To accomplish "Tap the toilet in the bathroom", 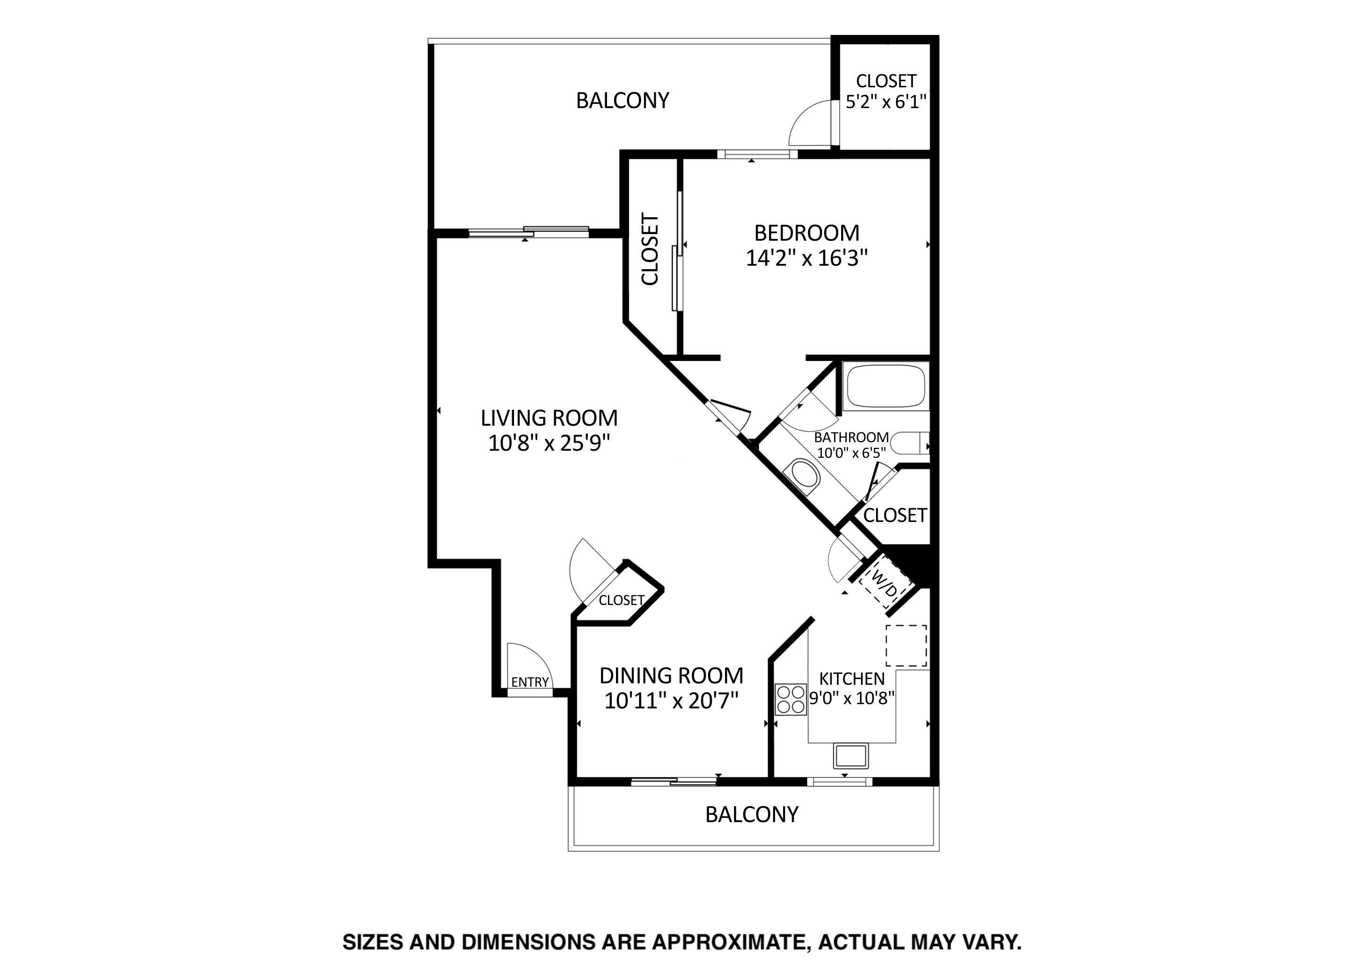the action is [x=911, y=444].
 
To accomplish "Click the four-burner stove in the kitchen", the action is [x=791, y=699].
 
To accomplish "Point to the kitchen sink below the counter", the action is [x=851, y=756].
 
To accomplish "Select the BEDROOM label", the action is [x=807, y=233].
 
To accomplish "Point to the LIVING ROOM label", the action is [x=549, y=418].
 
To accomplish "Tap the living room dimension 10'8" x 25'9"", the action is [x=549, y=444].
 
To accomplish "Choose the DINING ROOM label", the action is [x=672, y=676].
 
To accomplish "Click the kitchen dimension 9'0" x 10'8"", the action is [x=852, y=698].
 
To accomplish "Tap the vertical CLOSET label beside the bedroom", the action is [x=650, y=250].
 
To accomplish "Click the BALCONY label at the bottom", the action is [x=752, y=815].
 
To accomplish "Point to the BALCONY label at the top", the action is [x=623, y=101].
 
